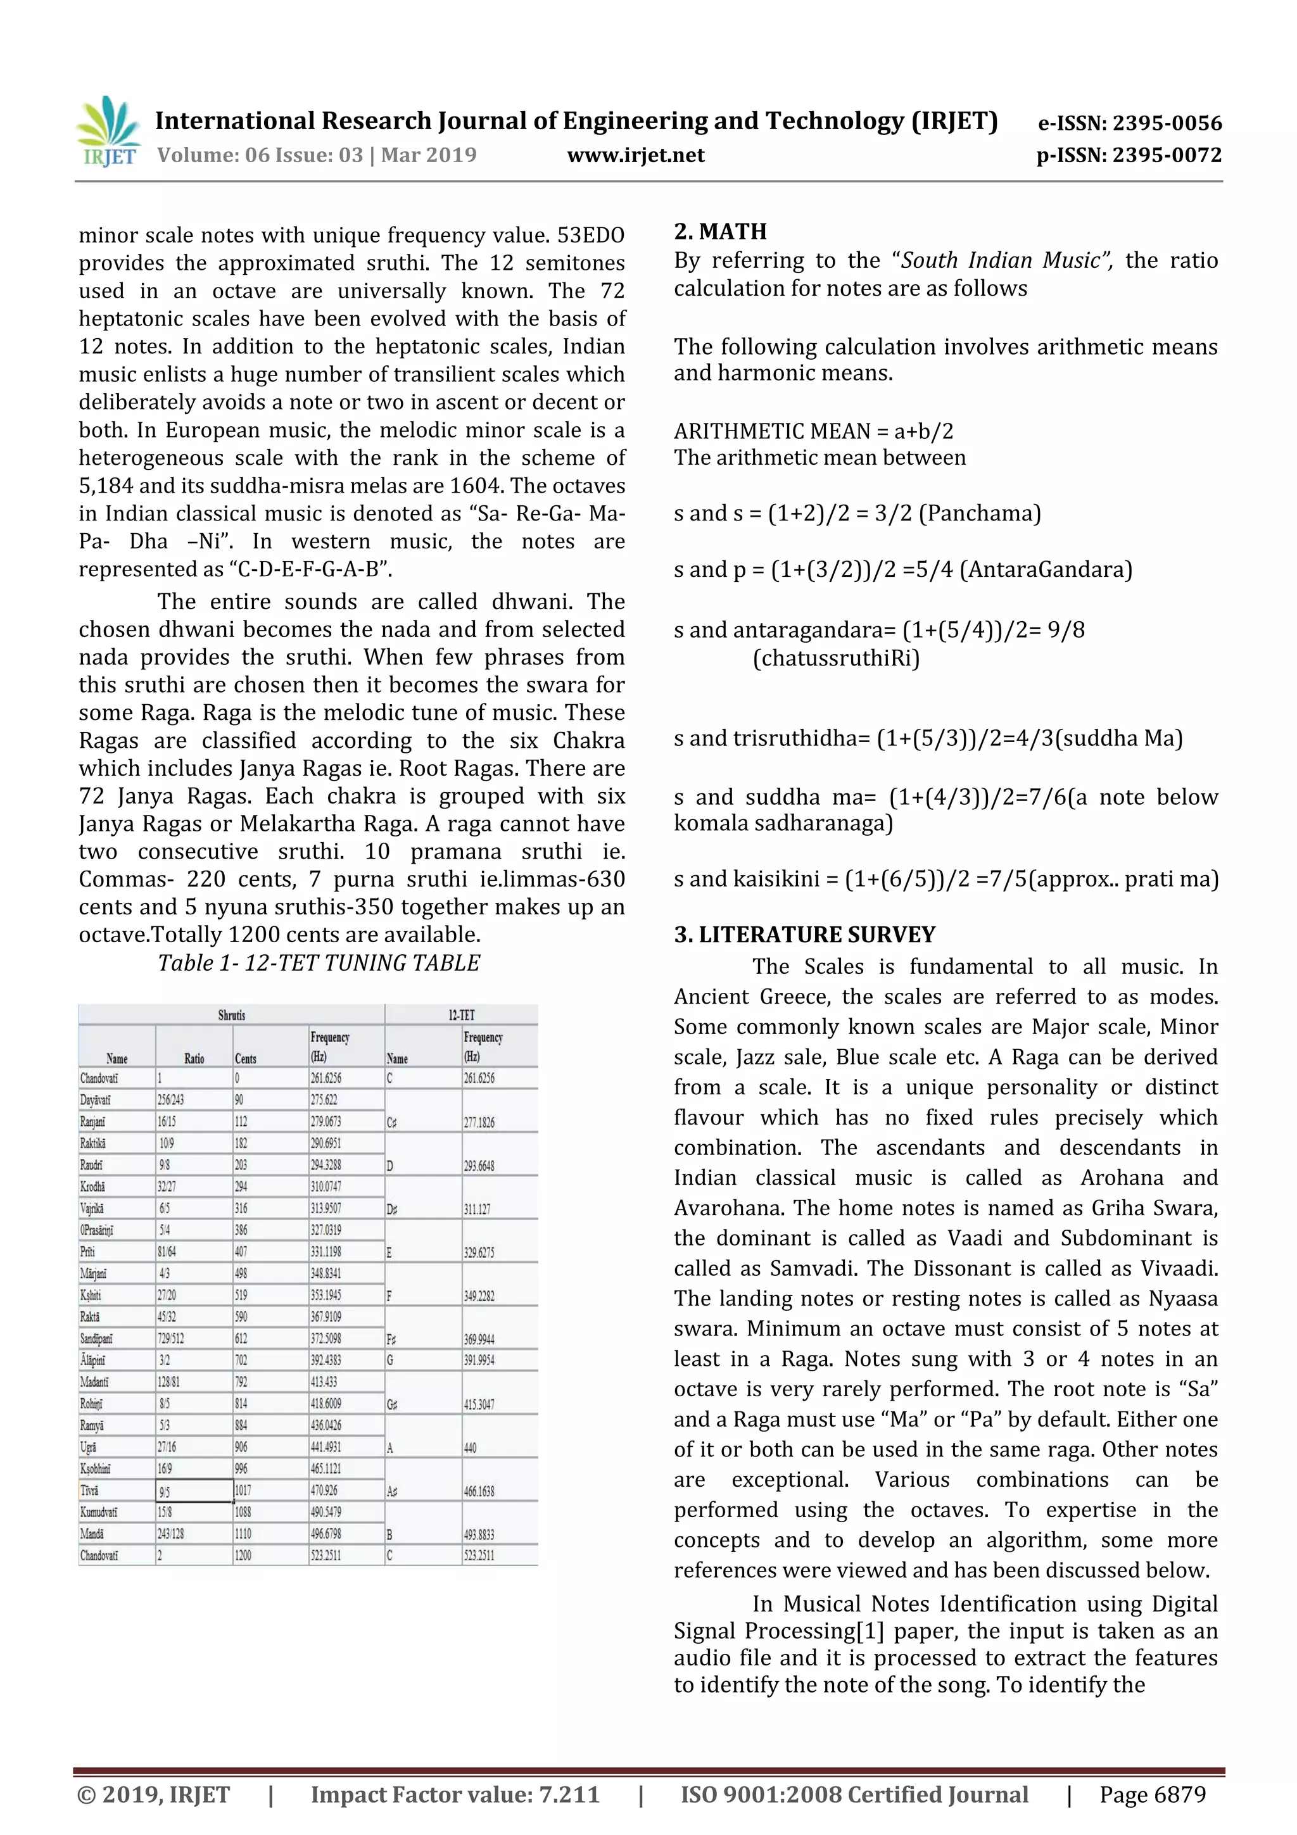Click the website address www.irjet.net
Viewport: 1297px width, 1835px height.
click(x=635, y=155)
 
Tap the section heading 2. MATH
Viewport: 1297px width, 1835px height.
click(x=720, y=232)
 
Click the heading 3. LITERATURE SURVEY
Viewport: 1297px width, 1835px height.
click(x=804, y=935)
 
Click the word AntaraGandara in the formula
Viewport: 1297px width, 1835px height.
click(x=1046, y=570)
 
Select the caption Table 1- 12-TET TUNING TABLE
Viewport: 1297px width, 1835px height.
click(x=319, y=963)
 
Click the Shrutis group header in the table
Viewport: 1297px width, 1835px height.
click(x=232, y=1015)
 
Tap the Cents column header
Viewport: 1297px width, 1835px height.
click(x=245, y=1058)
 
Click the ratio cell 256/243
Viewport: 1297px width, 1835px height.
click(x=171, y=1100)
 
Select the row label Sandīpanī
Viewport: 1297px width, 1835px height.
click(x=97, y=1338)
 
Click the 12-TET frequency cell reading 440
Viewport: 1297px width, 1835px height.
click(x=470, y=1447)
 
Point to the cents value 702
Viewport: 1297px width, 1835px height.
click(x=241, y=1359)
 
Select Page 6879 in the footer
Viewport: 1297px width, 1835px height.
click(x=1151, y=1795)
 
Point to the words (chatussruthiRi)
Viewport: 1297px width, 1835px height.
click(x=836, y=659)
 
